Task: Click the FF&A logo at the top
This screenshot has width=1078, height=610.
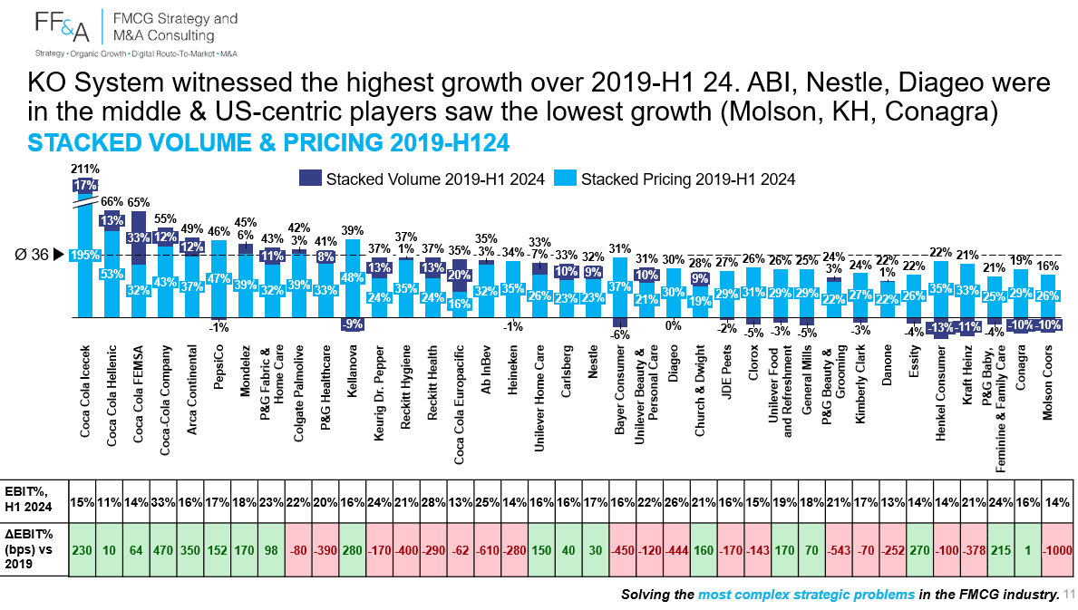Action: (x=62, y=27)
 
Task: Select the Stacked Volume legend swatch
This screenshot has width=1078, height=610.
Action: (x=310, y=179)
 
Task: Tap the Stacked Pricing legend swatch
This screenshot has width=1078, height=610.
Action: (x=565, y=179)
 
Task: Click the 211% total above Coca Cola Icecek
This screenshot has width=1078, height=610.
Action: (x=85, y=169)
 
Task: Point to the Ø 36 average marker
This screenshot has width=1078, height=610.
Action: (x=39, y=255)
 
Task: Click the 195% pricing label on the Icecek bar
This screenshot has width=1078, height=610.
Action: (x=85, y=255)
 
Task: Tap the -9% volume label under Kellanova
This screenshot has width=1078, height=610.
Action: (x=352, y=324)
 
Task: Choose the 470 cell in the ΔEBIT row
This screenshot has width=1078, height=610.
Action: (x=163, y=550)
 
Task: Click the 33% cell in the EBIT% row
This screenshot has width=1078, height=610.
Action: (x=163, y=502)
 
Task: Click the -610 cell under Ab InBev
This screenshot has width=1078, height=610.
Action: (x=488, y=550)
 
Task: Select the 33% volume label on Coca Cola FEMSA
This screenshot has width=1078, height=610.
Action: (x=138, y=237)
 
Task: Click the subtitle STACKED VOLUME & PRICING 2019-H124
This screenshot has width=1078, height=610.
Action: (x=268, y=143)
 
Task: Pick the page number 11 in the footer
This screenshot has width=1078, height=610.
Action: (x=1068, y=595)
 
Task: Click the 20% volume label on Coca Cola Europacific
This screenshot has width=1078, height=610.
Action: (x=460, y=275)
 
